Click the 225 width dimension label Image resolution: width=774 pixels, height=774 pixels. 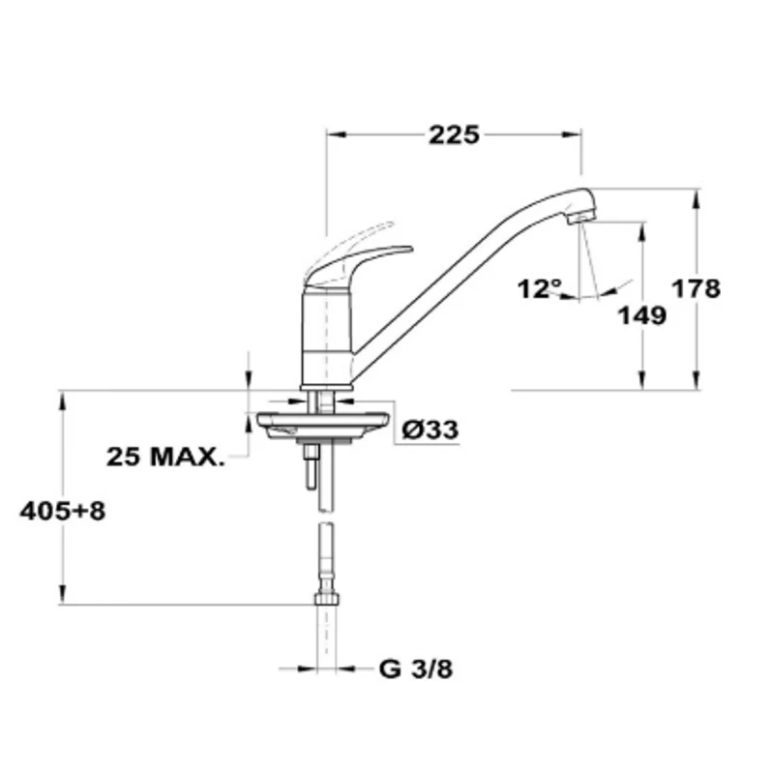(x=454, y=134)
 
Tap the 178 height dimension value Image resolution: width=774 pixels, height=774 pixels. (x=696, y=288)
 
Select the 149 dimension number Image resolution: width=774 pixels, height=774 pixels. (x=642, y=315)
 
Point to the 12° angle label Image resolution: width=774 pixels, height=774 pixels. (x=540, y=288)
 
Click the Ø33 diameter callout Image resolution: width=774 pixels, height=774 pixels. (x=431, y=430)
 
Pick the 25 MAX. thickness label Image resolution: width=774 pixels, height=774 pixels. (x=165, y=457)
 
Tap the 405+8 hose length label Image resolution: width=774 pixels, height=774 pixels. (x=63, y=512)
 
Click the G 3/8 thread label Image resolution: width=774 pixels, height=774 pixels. (x=416, y=670)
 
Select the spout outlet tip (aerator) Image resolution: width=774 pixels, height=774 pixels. (x=581, y=217)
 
